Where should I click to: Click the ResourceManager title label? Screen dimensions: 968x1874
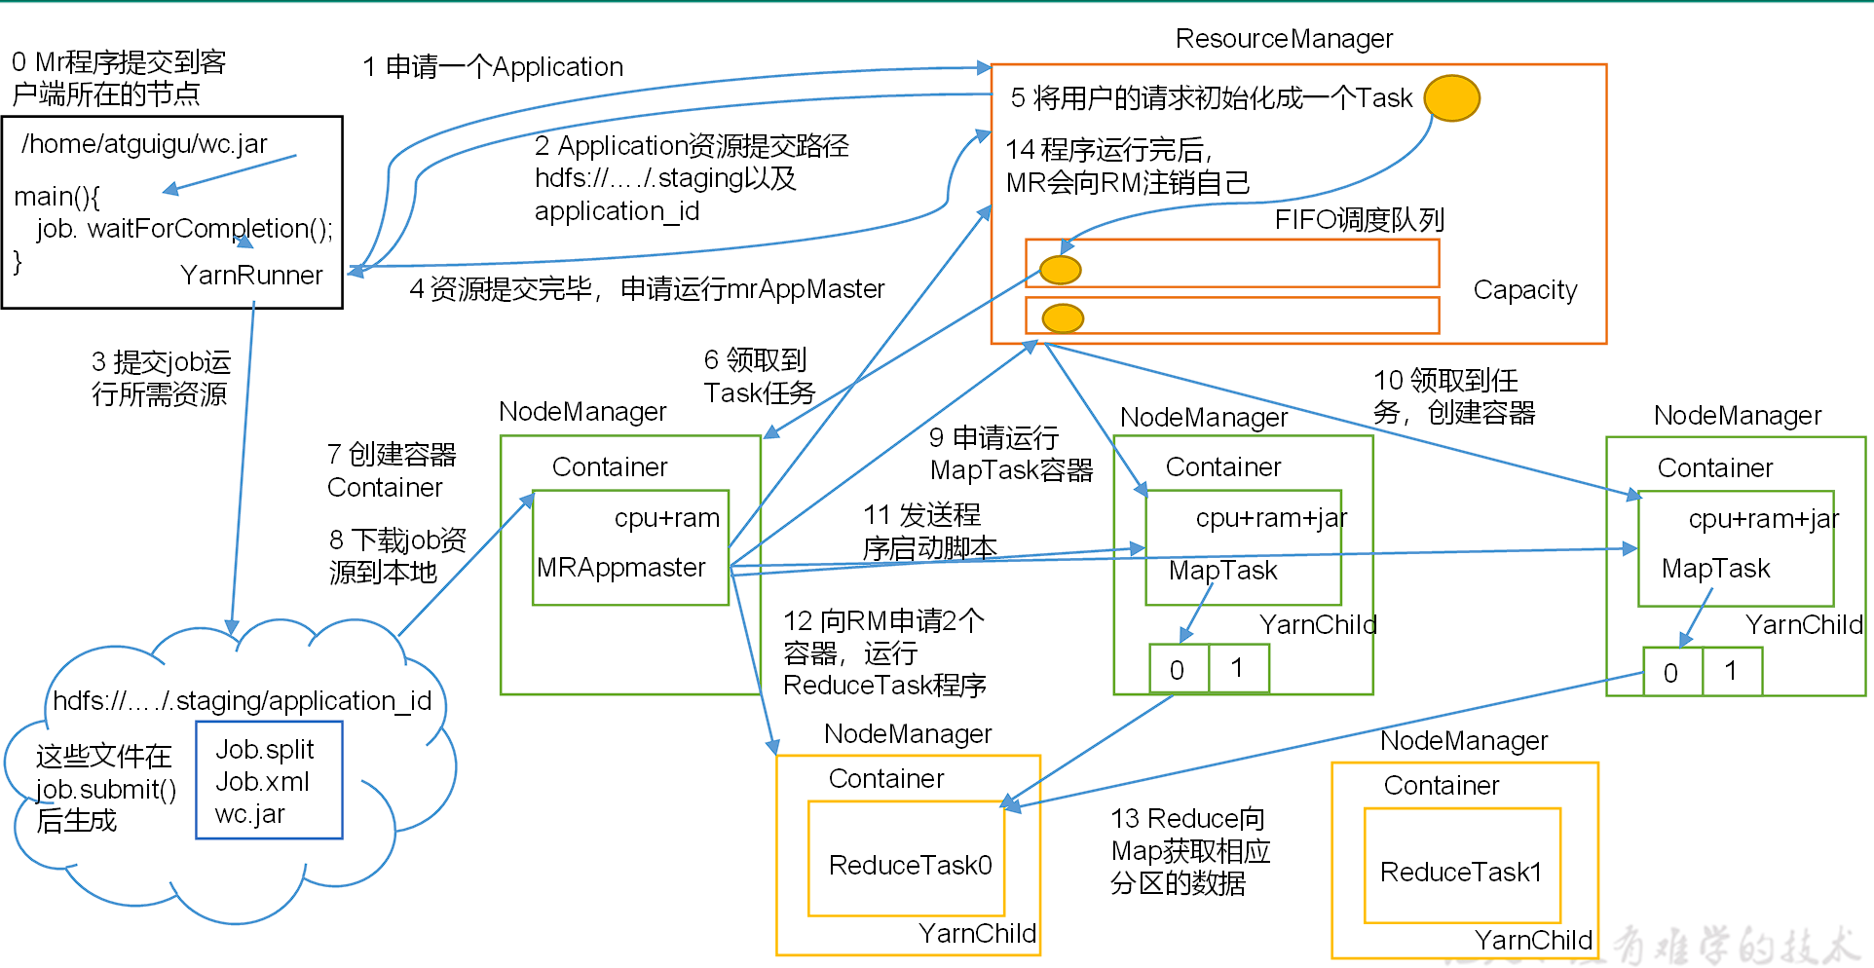[x=1284, y=39]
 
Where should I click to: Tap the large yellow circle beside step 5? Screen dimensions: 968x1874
[x=1451, y=97]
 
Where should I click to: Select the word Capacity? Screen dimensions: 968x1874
[x=1524, y=290]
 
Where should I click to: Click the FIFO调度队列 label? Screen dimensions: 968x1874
[x=1359, y=220]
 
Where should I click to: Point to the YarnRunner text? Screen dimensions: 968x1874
[x=251, y=276]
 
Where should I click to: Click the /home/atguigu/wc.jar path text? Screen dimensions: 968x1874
[x=144, y=144]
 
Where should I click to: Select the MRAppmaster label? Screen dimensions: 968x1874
[x=620, y=568]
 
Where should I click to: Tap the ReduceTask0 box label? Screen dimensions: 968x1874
[x=910, y=866]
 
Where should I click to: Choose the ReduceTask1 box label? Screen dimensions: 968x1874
[x=1461, y=873]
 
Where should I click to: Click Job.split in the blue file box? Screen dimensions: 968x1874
[x=264, y=750]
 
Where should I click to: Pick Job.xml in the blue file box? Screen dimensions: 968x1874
[x=262, y=782]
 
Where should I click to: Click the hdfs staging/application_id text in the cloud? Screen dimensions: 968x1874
[x=242, y=701]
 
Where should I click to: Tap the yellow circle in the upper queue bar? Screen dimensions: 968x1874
[x=1060, y=270]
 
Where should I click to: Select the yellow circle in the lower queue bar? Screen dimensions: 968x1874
[x=1063, y=317]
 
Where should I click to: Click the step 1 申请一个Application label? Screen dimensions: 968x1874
[x=493, y=67]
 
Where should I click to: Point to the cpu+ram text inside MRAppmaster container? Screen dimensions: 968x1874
[x=666, y=518]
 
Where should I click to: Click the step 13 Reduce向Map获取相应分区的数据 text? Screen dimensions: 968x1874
[x=1189, y=851]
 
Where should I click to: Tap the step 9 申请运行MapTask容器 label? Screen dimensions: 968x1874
[x=1011, y=454]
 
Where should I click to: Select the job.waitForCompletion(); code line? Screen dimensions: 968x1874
[x=184, y=229]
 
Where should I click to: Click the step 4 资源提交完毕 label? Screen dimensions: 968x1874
[x=647, y=289]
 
